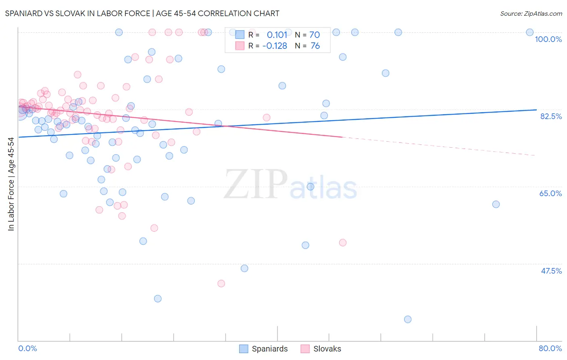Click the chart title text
tap(142, 13)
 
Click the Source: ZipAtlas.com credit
tap(531, 13)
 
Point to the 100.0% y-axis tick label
tap(548, 39)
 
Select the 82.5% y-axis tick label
tap(551, 116)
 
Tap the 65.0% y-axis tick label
tap(550, 193)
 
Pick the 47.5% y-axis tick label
tap(551, 271)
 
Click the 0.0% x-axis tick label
tap(27, 348)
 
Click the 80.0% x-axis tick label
tap(550, 348)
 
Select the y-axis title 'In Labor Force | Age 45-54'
tap(11, 184)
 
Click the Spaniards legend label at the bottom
tap(269, 349)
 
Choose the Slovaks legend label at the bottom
tap(327, 349)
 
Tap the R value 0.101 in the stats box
tap(277, 35)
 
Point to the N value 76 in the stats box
tap(315, 46)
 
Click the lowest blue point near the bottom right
tap(408, 319)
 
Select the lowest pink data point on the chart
tap(221, 283)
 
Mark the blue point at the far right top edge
tap(530, 32)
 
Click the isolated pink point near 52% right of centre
tap(343, 243)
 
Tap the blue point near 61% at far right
tap(496, 204)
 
